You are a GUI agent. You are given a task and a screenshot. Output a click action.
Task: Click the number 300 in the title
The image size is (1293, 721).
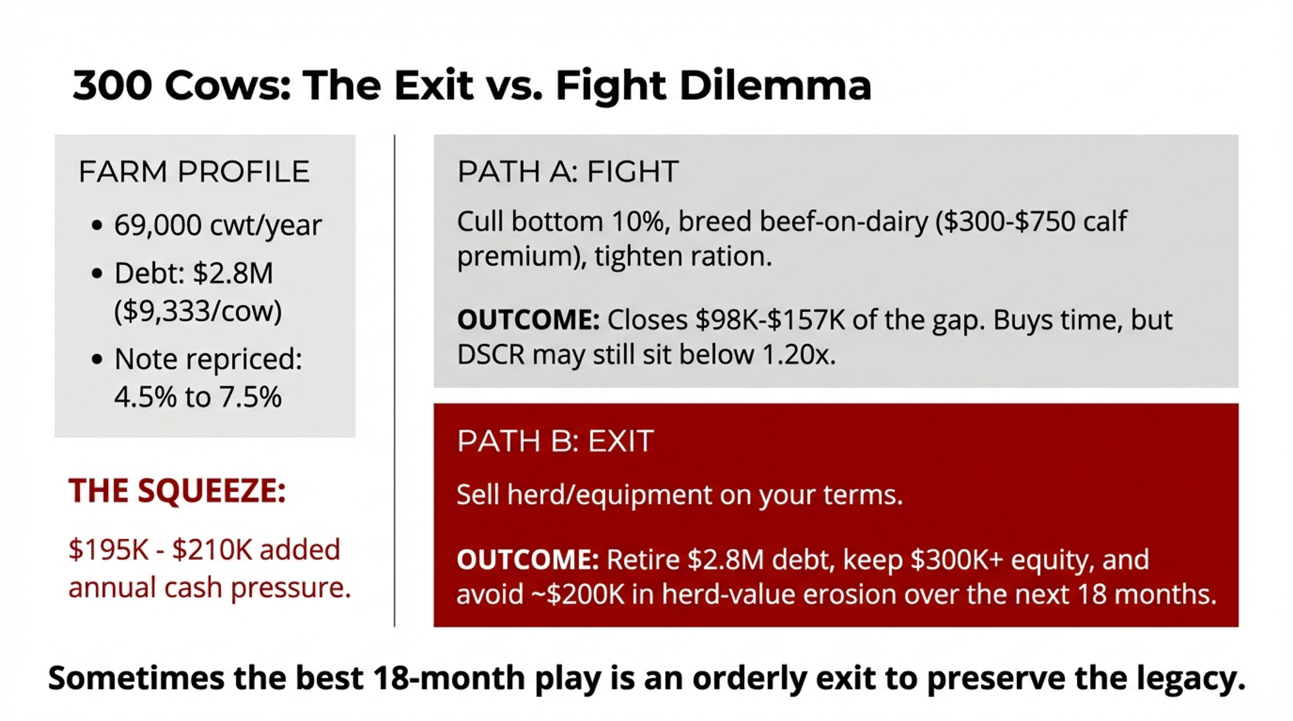[112, 85]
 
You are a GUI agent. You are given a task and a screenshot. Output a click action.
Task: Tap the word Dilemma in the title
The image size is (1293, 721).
[775, 85]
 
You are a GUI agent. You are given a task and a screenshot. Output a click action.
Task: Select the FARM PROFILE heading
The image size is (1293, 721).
[194, 172]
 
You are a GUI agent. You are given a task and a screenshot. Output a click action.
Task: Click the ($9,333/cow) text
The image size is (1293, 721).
[198, 311]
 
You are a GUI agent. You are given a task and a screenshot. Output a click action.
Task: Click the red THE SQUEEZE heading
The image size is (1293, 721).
[177, 490]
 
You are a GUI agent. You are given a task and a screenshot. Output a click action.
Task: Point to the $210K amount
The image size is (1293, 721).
[212, 550]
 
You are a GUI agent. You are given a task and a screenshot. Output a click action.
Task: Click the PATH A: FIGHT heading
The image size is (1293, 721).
[568, 172]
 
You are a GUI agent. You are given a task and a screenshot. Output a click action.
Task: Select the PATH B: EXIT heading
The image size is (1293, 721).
[555, 441]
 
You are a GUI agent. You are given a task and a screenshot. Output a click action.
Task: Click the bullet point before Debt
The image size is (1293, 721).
[97, 274]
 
